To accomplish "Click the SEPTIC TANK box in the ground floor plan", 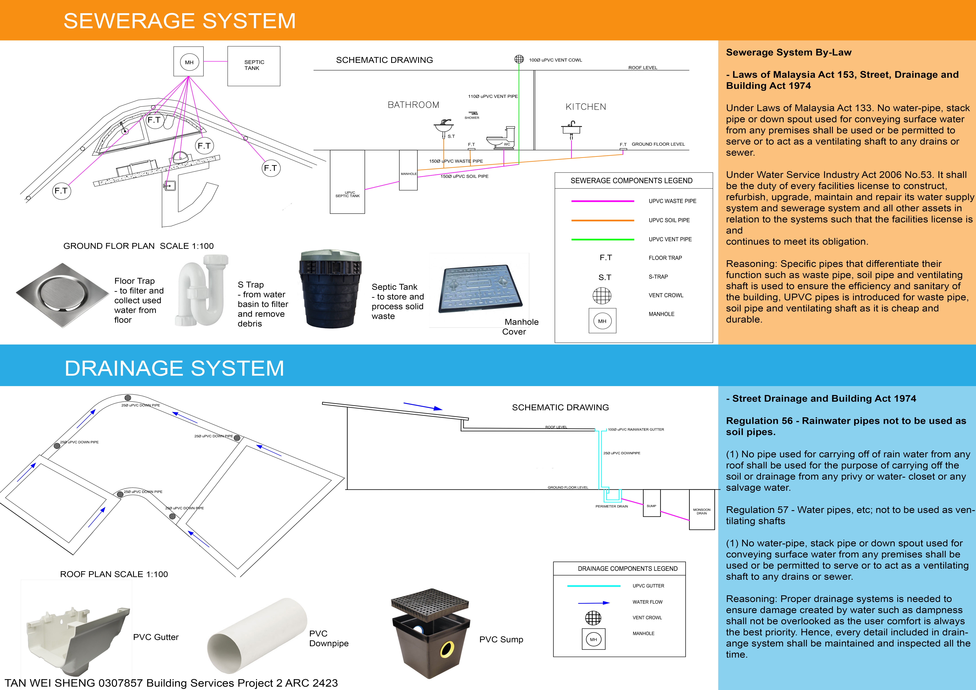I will [254, 66].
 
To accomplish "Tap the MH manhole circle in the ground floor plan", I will [189, 62].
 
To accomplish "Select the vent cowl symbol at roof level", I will [519, 59].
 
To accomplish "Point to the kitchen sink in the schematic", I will [571, 128].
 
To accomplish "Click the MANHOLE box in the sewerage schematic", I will [408, 170].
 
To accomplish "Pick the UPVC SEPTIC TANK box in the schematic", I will [347, 182].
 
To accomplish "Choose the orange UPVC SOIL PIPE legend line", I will [602, 220].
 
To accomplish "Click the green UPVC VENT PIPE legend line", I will [602, 239].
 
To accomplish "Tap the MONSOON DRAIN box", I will [701, 509].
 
